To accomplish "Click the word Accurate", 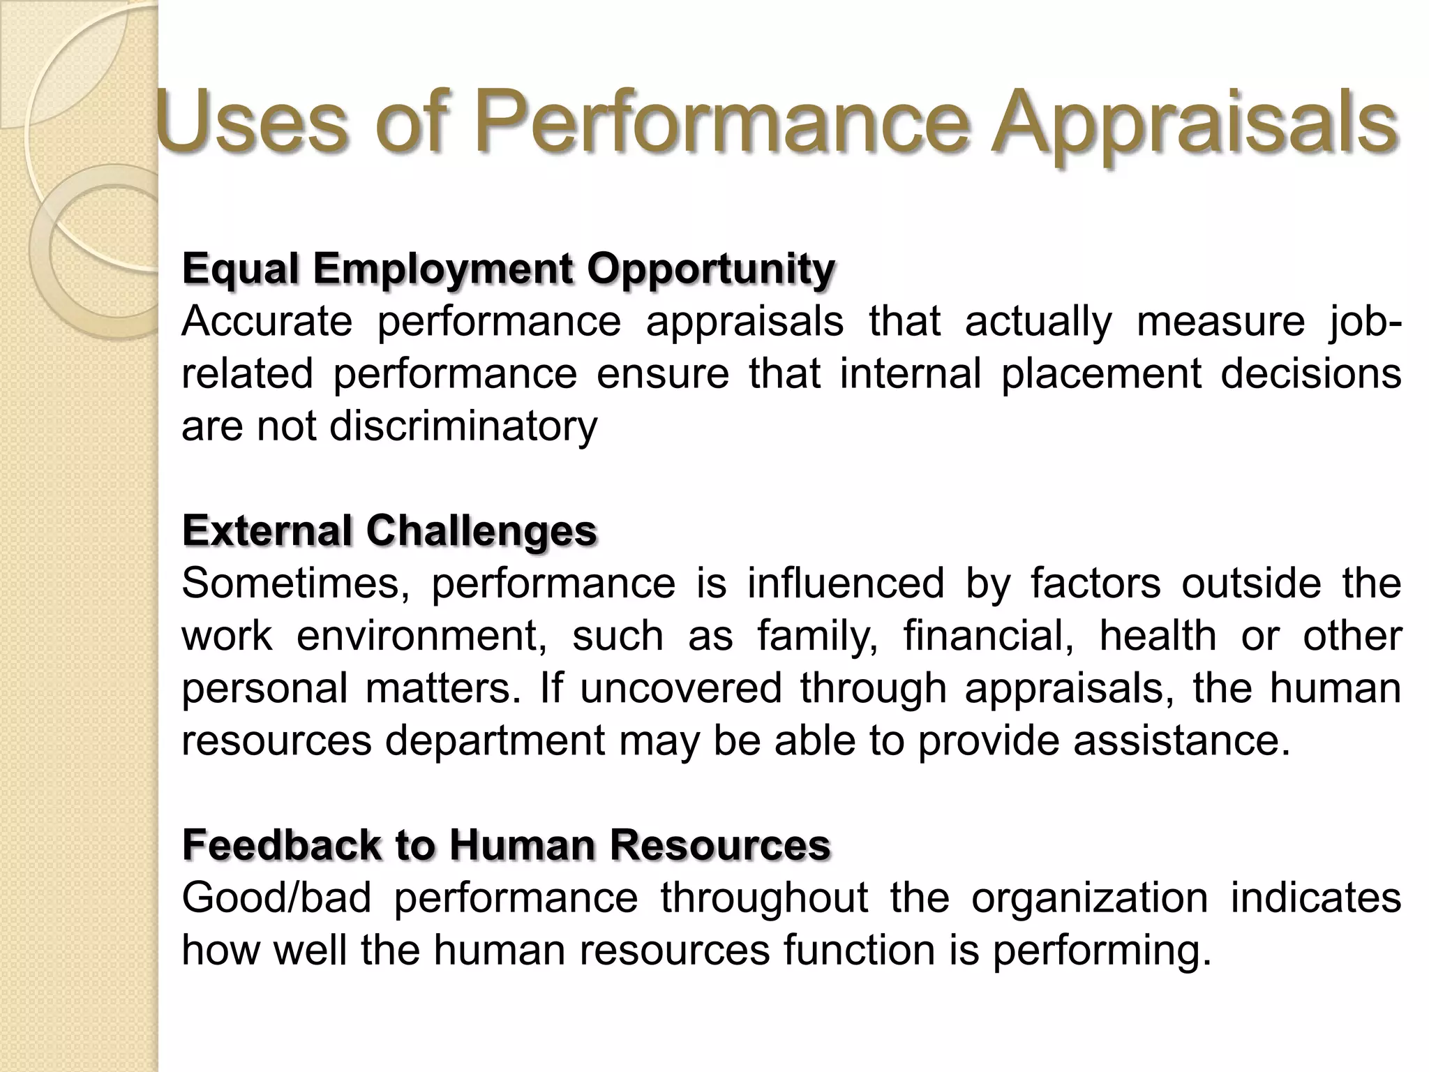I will pyautogui.click(x=267, y=322).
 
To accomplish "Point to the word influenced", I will pyautogui.click(x=846, y=583).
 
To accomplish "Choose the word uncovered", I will pyautogui.click(x=680, y=688).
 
